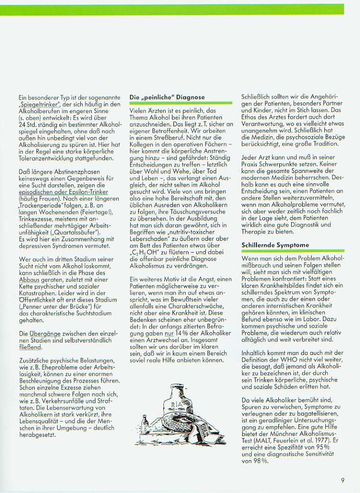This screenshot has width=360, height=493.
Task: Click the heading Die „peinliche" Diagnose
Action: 167,97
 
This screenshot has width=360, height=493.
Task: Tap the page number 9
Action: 342,480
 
